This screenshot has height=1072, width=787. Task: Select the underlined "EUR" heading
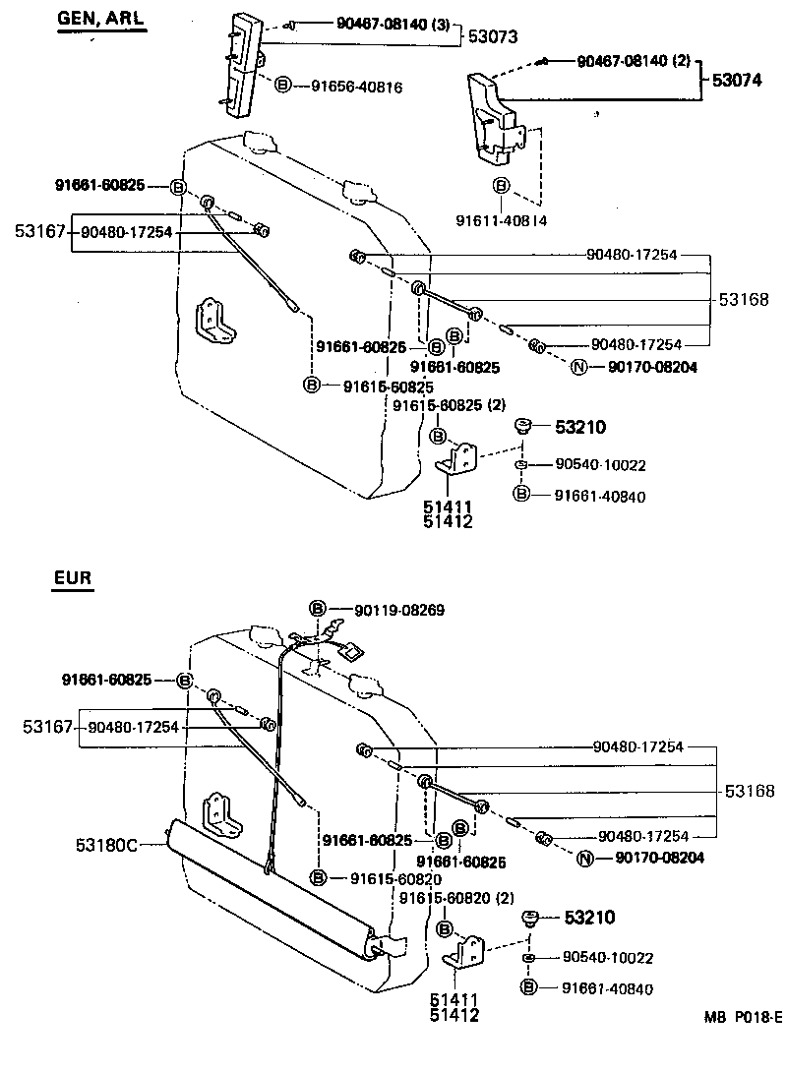point(73,577)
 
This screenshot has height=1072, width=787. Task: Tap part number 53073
point(493,36)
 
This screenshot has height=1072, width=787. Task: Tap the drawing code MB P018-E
point(743,1044)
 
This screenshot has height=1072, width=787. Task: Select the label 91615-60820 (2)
point(456,896)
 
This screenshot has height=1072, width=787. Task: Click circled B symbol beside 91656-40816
point(282,87)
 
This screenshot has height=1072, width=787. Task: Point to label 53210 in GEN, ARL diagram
point(580,427)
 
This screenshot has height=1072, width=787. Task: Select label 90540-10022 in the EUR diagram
point(607,957)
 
